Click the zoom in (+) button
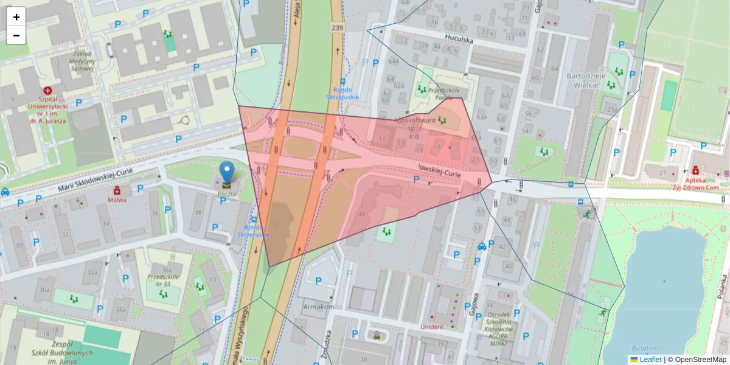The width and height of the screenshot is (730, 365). tap(16, 17)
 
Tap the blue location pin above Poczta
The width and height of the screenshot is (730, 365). tap(227, 172)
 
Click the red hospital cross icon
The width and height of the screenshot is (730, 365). tap(47, 90)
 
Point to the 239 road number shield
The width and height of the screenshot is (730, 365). tap(337, 27)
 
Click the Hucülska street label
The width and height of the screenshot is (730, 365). tap(459, 38)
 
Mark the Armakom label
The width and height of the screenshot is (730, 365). tap(319, 307)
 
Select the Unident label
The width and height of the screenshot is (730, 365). tap(432, 327)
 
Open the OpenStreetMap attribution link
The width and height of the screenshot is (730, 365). tap(699, 360)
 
